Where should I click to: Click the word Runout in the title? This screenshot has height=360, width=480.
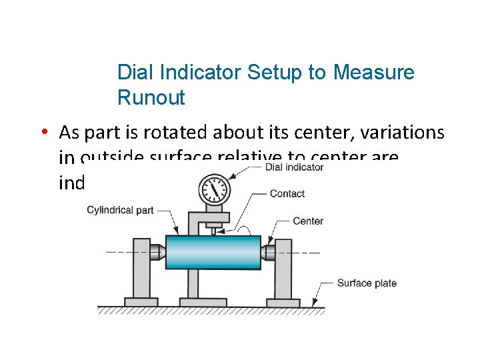pyautogui.click(x=151, y=98)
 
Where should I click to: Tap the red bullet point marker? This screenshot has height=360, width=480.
pyautogui.click(x=42, y=133)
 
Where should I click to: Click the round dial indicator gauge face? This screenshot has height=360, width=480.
pyautogui.click(x=214, y=189)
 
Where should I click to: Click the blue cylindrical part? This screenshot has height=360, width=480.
pyautogui.click(x=213, y=253)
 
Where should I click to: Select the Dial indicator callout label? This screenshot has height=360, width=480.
pyautogui.click(x=294, y=167)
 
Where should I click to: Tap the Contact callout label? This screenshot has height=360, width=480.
pyautogui.click(x=287, y=193)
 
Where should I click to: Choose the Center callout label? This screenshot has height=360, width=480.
pyautogui.click(x=308, y=221)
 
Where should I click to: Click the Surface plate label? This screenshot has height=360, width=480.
pyautogui.click(x=367, y=283)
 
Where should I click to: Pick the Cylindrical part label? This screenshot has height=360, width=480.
pyautogui.click(x=120, y=210)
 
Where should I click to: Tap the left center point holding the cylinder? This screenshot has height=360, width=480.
pyautogui.click(x=158, y=253)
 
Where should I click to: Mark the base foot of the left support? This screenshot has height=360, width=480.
pyautogui.click(x=141, y=301)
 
